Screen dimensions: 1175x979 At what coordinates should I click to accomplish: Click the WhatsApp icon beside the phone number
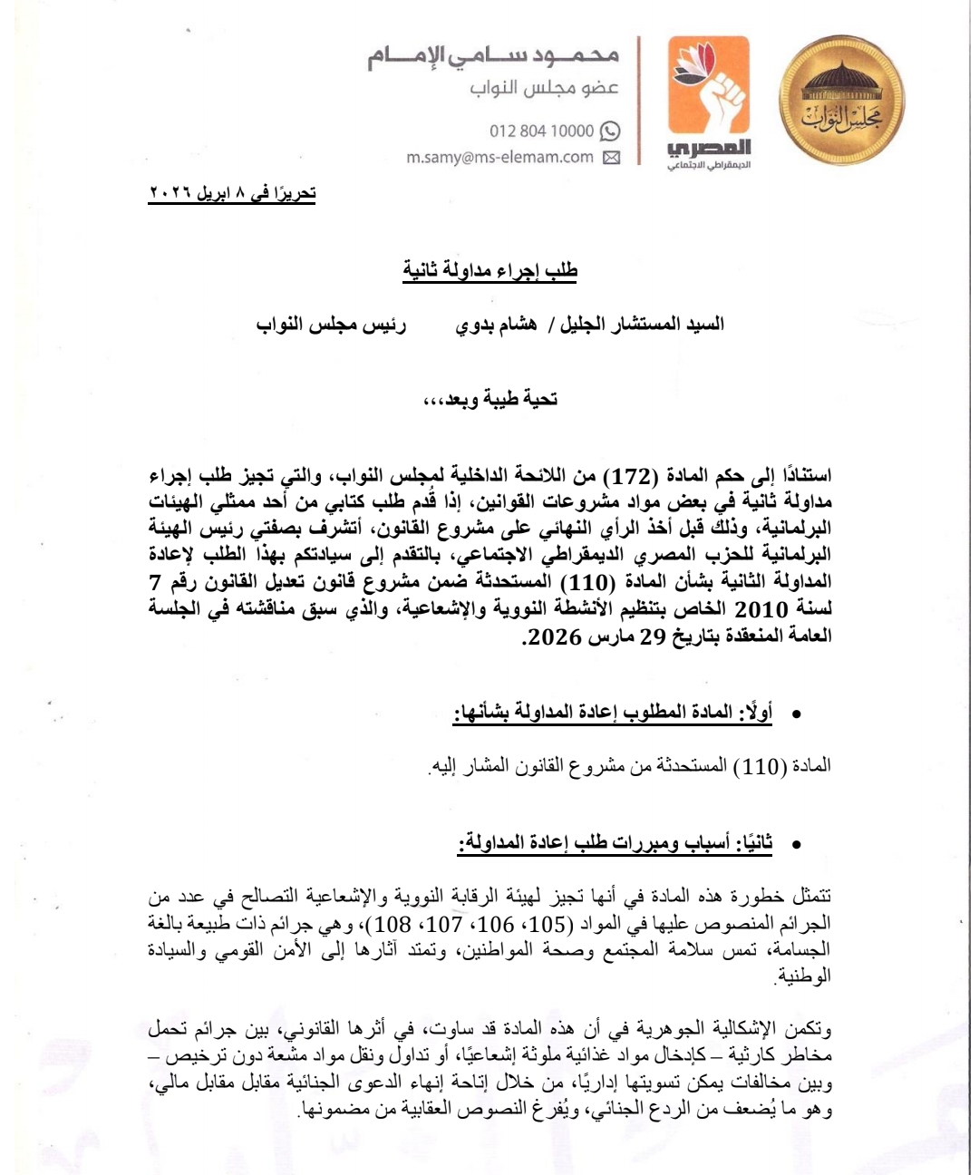coord(611,131)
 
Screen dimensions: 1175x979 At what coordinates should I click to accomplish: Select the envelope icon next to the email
coord(611,157)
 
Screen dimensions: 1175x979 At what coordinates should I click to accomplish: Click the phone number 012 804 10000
coord(541,131)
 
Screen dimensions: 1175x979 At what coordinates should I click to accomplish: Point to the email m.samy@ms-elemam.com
coord(499,157)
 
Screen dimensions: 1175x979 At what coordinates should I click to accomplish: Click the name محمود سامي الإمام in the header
coord(493,57)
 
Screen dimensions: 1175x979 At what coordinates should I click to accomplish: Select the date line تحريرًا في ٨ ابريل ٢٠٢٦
coord(232,194)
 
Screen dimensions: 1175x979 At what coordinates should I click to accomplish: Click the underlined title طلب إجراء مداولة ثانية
coord(489,270)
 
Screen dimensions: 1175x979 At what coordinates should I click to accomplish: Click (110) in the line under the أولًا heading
coord(756,767)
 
